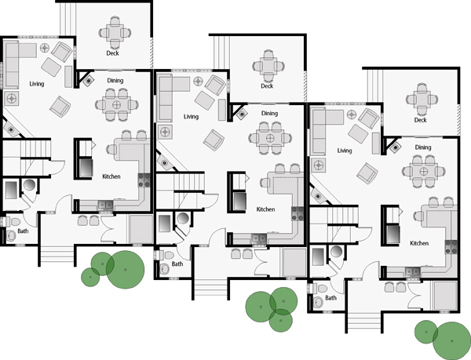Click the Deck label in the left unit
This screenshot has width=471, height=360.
click(x=112, y=53)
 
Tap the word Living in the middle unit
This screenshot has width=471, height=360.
click(x=191, y=116)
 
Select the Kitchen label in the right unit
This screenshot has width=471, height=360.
click(x=419, y=243)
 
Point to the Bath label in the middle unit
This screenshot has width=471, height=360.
click(x=177, y=264)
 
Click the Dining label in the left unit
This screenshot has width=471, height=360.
click(x=115, y=81)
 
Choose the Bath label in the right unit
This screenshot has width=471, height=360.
click(x=330, y=298)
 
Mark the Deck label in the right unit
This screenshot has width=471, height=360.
click(x=421, y=120)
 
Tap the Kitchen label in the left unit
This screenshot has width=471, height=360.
click(x=111, y=176)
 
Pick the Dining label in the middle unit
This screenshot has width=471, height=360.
click(x=269, y=114)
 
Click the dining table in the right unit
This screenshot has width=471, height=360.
click(x=424, y=171)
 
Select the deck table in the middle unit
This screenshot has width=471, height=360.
click(x=268, y=66)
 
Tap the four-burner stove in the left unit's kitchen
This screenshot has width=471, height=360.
click(x=144, y=180)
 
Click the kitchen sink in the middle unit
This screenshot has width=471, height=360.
click(x=258, y=238)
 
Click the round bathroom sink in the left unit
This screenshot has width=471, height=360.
click(x=11, y=235)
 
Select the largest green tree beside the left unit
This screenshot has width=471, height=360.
click(x=126, y=270)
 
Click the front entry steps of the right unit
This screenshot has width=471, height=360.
click(x=363, y=321)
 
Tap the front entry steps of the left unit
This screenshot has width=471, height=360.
click(x=57, y=254)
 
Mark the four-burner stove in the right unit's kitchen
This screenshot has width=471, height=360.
click(x=451, y=246)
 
